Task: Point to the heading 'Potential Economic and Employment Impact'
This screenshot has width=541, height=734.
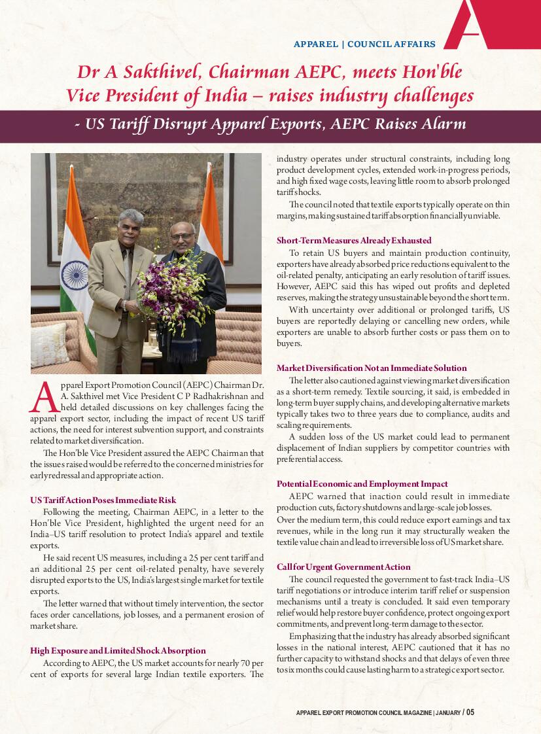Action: [x=362, y=483]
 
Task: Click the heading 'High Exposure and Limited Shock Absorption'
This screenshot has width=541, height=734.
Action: [x=118, y=650]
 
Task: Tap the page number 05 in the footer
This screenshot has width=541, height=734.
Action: [x=470, y=712]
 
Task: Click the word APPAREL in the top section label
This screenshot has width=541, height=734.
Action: [x=316, y=44]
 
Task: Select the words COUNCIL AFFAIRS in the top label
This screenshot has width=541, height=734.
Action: [x=391, y=44]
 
